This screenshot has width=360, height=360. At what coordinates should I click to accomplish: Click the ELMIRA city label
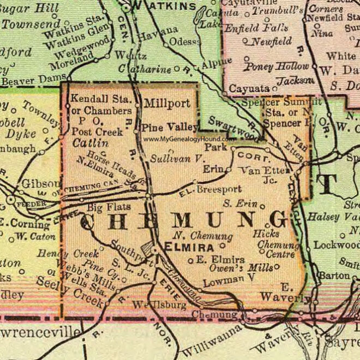184,247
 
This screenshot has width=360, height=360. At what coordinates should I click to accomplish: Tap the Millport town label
167,103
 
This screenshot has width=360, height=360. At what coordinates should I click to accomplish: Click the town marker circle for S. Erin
262,207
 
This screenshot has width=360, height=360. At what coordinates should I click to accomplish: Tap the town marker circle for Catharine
177,69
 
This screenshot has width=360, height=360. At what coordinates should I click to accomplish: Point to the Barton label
334,275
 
